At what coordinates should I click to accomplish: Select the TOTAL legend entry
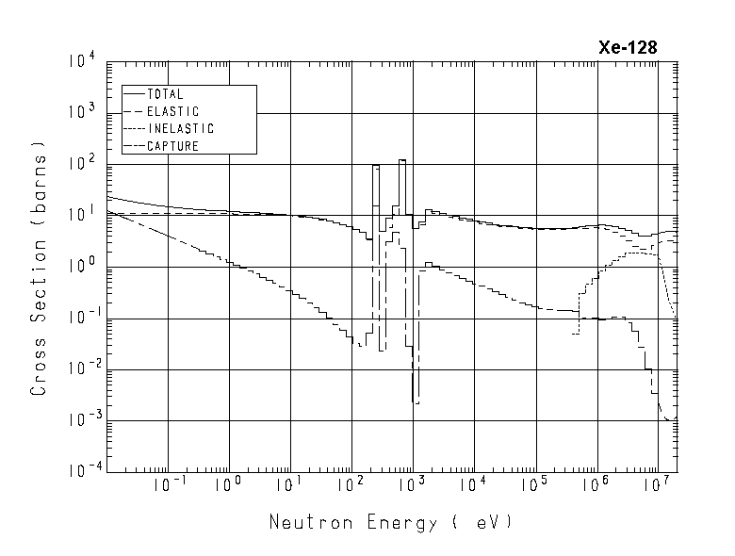point(165,94)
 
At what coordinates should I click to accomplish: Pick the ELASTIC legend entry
point(172,111)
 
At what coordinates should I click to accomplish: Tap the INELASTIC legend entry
point(180,128)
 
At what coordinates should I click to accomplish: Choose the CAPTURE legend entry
point(172,145)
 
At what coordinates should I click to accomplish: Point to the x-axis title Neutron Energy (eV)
point(391,521)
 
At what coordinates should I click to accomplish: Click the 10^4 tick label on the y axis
point(82,62)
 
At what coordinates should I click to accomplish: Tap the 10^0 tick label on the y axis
point(82,267)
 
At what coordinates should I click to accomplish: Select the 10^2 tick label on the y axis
point(82,164)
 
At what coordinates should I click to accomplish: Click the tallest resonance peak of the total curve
point(402,161)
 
